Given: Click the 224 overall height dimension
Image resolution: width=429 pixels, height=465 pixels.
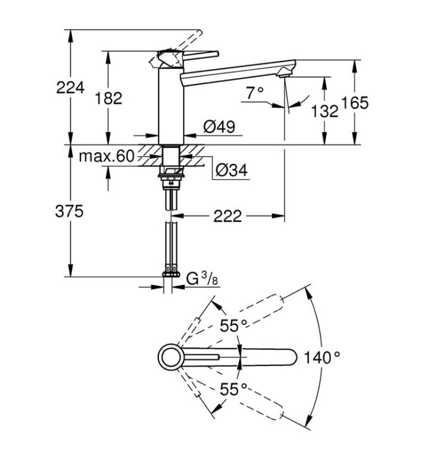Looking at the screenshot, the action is (70, 88).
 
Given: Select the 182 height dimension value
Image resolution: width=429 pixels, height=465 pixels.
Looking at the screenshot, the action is (108, 98).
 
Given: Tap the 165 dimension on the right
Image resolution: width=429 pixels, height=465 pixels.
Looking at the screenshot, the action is (355, 103).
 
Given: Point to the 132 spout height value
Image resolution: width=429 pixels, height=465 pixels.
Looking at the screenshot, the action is (325, 111).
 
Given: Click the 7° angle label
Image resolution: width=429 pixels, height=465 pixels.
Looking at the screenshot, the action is (254, 93).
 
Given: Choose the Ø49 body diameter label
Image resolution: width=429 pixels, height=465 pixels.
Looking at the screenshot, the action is (219, 126).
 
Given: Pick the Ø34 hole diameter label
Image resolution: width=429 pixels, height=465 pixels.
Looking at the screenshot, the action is (232, 170).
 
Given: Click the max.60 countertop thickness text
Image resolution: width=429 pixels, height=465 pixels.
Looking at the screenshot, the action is (107, 156).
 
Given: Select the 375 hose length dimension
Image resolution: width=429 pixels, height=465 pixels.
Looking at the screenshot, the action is (69, 212).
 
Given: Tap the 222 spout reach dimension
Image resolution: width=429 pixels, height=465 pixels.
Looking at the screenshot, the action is (228, 216).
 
